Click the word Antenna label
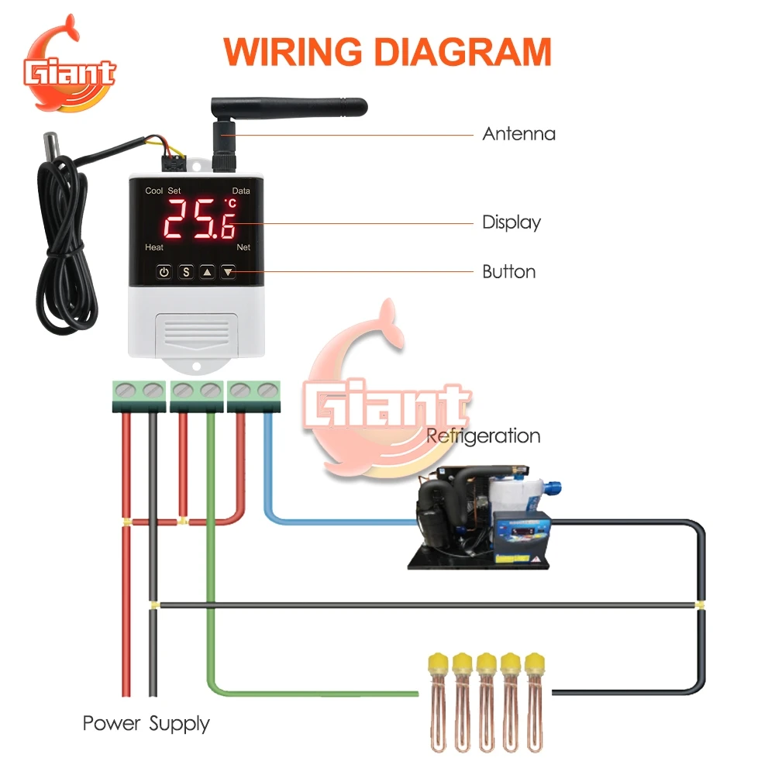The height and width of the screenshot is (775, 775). click(518, 134)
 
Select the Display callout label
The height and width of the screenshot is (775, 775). click(511, 222)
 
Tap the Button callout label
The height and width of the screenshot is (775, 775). click(508, 272)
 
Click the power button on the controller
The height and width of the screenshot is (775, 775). click(164, 272)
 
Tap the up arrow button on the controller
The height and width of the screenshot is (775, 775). click(207, 272)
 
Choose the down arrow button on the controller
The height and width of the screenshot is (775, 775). click(228, 272)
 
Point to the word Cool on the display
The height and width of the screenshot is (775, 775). click(154, 191)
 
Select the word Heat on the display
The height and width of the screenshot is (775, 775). click(154, 247)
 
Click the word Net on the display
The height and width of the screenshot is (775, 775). click(243, 247)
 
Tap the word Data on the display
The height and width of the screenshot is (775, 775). click(241, 191)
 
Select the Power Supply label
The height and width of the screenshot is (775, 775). click(146, 724)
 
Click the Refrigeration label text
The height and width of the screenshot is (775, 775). click(484, 436)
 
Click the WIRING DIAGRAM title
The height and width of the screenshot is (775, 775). click(387, 51)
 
